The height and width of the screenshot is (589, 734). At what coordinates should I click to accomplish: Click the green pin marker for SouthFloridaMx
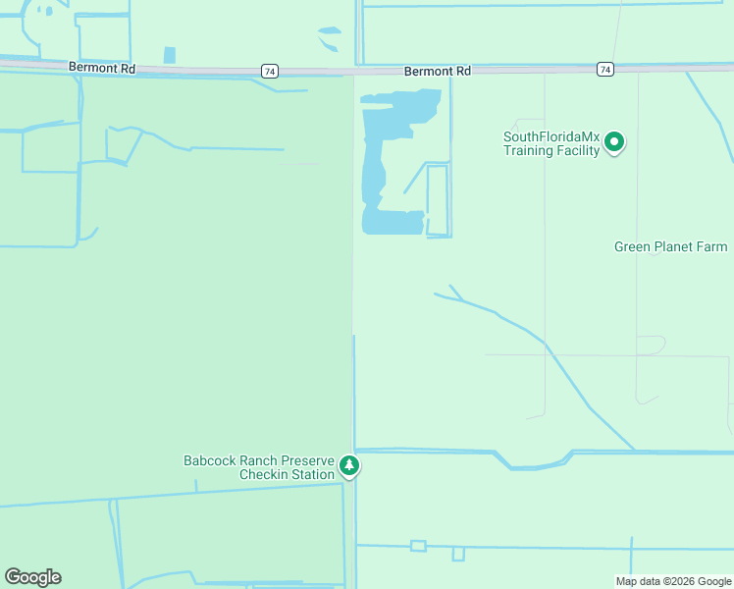pos(615,142)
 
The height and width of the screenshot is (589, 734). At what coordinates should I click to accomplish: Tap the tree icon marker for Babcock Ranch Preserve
pos(349,465)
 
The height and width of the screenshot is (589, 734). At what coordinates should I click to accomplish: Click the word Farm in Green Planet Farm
pos(713,246)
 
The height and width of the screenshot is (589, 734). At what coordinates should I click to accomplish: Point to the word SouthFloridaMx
pos(550,137)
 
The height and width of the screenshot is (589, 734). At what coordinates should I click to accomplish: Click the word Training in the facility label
pos(528,151)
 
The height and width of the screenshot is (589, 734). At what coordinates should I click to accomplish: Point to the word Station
pos(313,475)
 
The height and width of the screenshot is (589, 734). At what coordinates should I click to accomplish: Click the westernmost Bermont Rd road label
pos(102,67)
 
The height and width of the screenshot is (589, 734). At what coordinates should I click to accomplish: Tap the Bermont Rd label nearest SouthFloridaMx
pos(438,72)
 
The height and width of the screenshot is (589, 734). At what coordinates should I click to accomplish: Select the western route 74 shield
pos(269,71)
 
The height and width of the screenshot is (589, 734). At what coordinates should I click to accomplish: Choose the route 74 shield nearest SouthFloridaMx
pos(605,69)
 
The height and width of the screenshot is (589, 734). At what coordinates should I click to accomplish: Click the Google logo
pos(32,577)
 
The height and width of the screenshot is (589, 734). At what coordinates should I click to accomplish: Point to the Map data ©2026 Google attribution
pos(673,581)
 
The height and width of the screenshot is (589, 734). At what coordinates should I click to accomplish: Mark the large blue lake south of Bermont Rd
pos(374,167)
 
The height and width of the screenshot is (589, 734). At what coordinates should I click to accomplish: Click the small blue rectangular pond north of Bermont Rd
pos(170,55)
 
